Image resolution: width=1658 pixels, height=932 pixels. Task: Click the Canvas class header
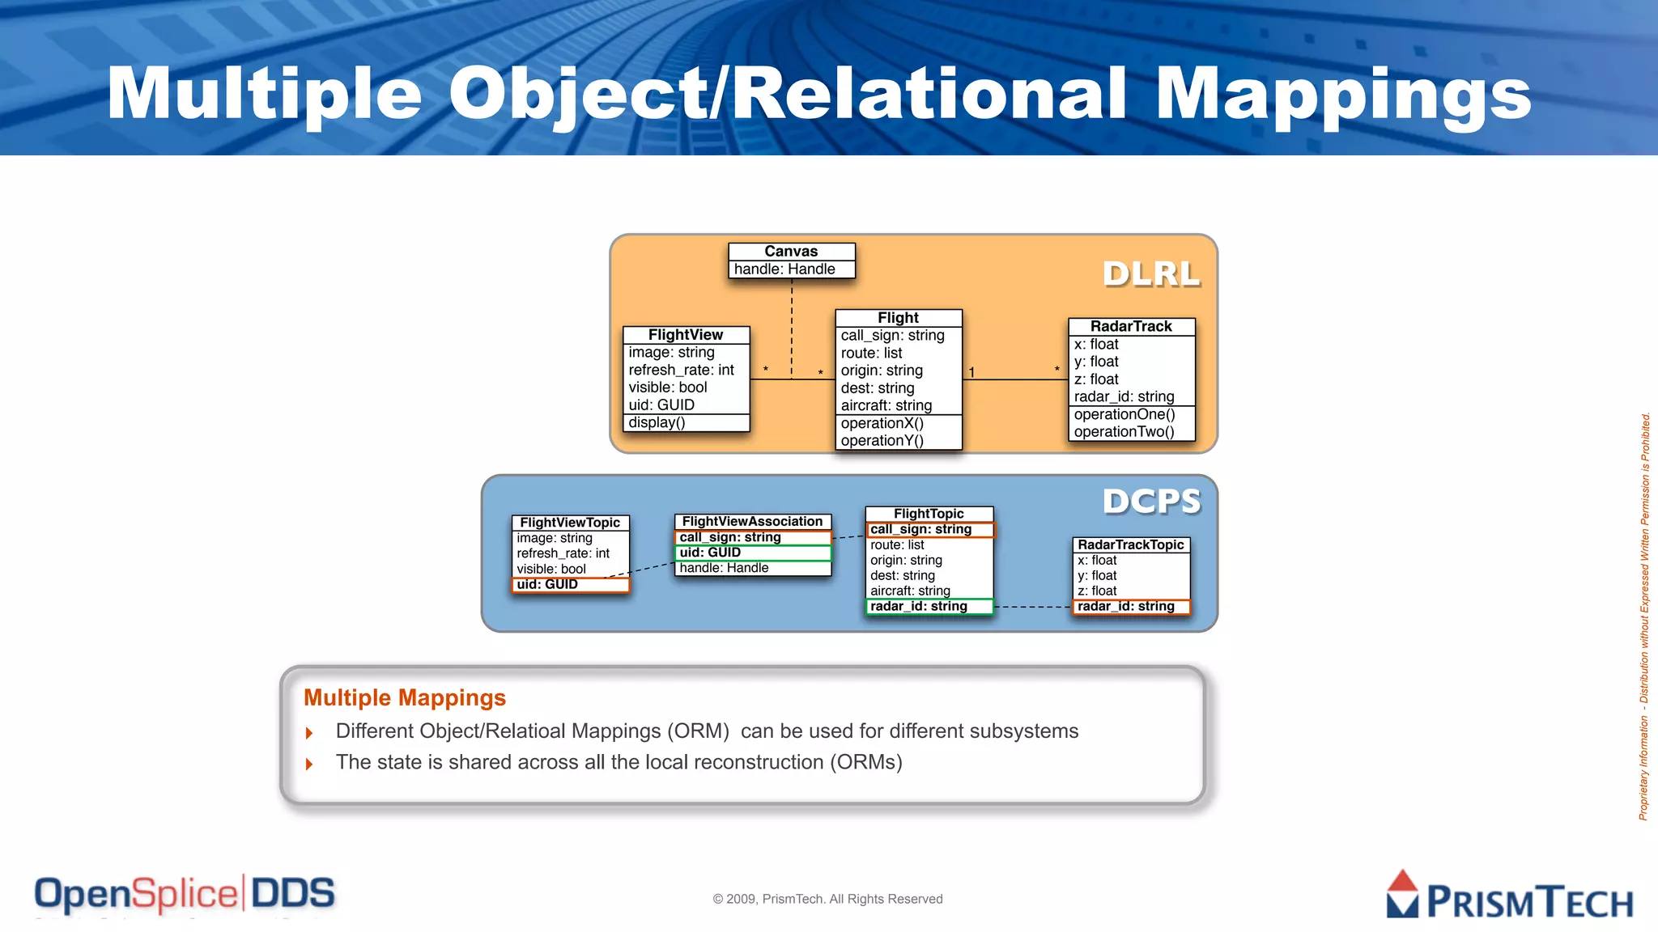(x=791, y=252)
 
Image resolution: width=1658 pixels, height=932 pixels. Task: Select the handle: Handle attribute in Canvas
(x=784, y=269)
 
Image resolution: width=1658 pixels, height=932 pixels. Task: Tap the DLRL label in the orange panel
(x=1150, y=273)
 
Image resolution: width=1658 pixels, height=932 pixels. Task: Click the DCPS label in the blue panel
(x=1151, y=502)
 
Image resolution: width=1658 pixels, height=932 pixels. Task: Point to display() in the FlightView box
(x=657, y=422)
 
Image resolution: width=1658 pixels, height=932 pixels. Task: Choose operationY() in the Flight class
(x=882, y=441)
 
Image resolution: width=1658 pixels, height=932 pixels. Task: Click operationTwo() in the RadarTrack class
(x=1124, y=432)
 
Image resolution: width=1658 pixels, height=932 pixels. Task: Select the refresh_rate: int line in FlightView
(x=681, y=370)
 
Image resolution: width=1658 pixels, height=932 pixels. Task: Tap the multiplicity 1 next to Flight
(x=971, y=372)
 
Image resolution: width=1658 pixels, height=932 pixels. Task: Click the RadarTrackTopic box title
(x=1130, y=545)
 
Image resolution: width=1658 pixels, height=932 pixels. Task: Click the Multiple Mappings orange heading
(x=404, y=697)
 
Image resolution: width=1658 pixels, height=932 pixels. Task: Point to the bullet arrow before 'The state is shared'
(x=309, y=764)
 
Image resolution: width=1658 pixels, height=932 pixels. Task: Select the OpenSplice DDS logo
(x=185, y=894)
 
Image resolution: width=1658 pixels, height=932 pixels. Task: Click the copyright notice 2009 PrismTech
(x=827, y=899)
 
